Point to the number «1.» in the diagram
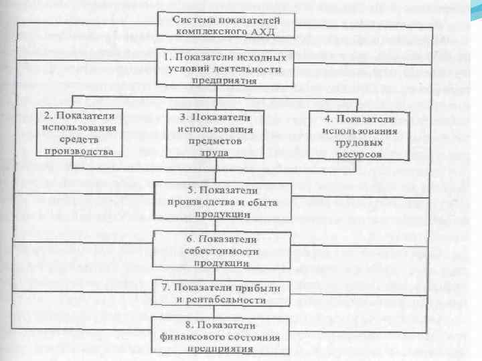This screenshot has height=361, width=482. tap(170, 57)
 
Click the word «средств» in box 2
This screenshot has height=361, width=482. tap(81, 139)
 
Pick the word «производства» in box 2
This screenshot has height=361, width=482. tap(81, 150)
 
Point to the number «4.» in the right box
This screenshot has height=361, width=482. tap(330, 119)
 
